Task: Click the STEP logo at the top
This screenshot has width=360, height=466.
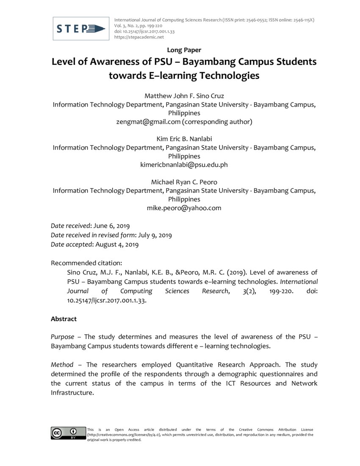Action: [x=81, y=29]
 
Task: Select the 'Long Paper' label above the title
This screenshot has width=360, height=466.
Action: [x=184, y=50]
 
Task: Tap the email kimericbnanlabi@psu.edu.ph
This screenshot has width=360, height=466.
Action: [x=184, y=165]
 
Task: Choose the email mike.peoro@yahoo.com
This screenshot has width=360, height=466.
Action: [x=184, y=208]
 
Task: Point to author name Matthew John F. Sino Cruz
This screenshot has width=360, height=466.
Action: [x=184, y=96]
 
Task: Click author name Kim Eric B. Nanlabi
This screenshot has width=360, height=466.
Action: [x=184, y=139]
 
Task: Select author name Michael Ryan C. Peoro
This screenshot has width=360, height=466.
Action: [x=184, y=182]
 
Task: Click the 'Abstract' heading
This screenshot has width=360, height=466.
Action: [x=64, y=319]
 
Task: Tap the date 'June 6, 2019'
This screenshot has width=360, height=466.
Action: [x=114, y=226]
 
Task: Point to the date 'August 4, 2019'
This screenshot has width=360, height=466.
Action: [x=117, y=244]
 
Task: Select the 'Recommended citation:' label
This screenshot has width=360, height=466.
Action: [x=86, y=263]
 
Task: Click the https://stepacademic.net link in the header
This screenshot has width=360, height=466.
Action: [x=139, y=37]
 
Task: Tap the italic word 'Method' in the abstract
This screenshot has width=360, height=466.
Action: [x=62, y=364]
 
